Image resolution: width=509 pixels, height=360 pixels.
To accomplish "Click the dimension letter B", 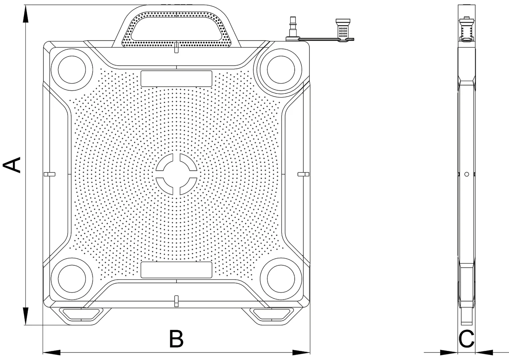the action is click(x=176, y=339).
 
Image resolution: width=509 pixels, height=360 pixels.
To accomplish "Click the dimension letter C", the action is click(x=467, y=339).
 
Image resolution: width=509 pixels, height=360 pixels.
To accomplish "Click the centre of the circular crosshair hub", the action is click(x=176, y=174).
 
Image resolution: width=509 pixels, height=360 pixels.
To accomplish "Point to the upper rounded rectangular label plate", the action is click(x=176, y=79).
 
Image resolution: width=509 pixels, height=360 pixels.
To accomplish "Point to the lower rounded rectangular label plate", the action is click(x=176, y=270).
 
